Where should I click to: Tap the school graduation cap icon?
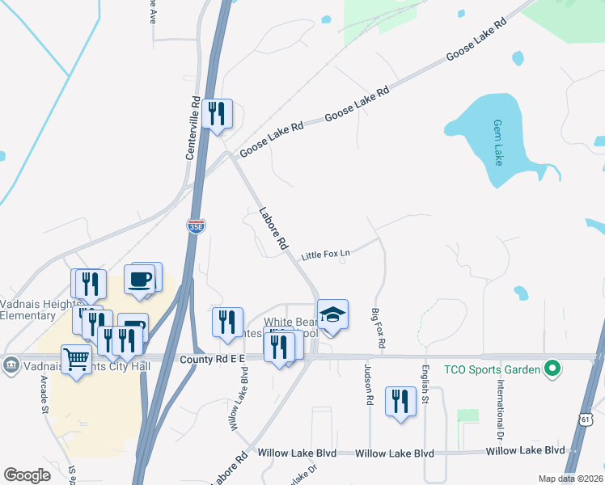pos(332,314)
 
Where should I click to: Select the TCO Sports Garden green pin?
pos(553,369)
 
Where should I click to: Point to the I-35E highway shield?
pos(196,226)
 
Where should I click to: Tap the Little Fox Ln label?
pos(325,255)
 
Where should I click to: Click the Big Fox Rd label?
pos(378,328)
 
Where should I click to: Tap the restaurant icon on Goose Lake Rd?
pos(216,113)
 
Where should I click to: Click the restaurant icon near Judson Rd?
pos(400,400)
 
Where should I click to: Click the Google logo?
pos(27,475)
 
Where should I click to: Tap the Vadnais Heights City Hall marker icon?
pos(10,364)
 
